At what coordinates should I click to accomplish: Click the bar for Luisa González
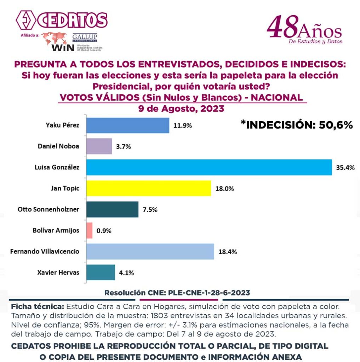pyautogui.click(x=209, y=168)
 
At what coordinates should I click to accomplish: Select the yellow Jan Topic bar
pyautogui.click(x=148, y=188)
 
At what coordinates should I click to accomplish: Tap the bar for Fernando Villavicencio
pyautogui.click(x=150, y=251)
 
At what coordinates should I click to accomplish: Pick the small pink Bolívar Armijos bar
pyautogui.click(x=89, y=230)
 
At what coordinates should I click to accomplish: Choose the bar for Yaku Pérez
pyautogui.click(x=128, y=125)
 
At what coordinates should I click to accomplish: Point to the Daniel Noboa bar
pyautogui.click(x=99, y=146)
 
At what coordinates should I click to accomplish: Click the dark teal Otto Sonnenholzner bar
pyautogui.click(x=112, y=209)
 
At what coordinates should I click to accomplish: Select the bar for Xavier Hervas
pyautogui.click(x=101, y=273)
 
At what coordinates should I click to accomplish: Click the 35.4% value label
pyautogui.click(x=345, y=168)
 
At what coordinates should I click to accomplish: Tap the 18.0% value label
pyautogui.click(x=224, y=189)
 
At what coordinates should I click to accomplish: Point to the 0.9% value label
pyautogui.click(x=104, y=231)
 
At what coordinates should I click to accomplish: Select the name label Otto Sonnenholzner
pyautogui.click(x=48, y=209)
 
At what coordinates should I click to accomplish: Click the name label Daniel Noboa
pyautogui.click(x=58, y=146)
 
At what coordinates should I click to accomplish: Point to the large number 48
pyautogui.click(x=282, y=28)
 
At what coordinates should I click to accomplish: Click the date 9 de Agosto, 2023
pyautogui.click(x=181, y=108)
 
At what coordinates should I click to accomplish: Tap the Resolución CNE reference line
pyautogui.click(x=177, y=293)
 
